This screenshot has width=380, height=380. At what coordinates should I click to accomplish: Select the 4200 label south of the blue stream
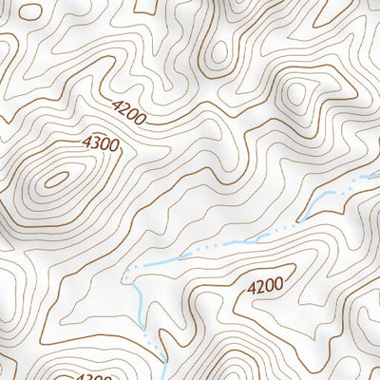[x=265, y=284]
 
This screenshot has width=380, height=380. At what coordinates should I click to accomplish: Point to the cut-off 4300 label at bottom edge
[x=96, y=376]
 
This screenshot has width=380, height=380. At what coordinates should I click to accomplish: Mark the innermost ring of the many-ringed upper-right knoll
[x=296, y=93]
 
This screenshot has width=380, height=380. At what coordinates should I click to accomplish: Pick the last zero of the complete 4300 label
[x=114, y=145]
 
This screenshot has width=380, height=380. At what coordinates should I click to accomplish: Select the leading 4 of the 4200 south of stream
[x=252, y=288]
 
